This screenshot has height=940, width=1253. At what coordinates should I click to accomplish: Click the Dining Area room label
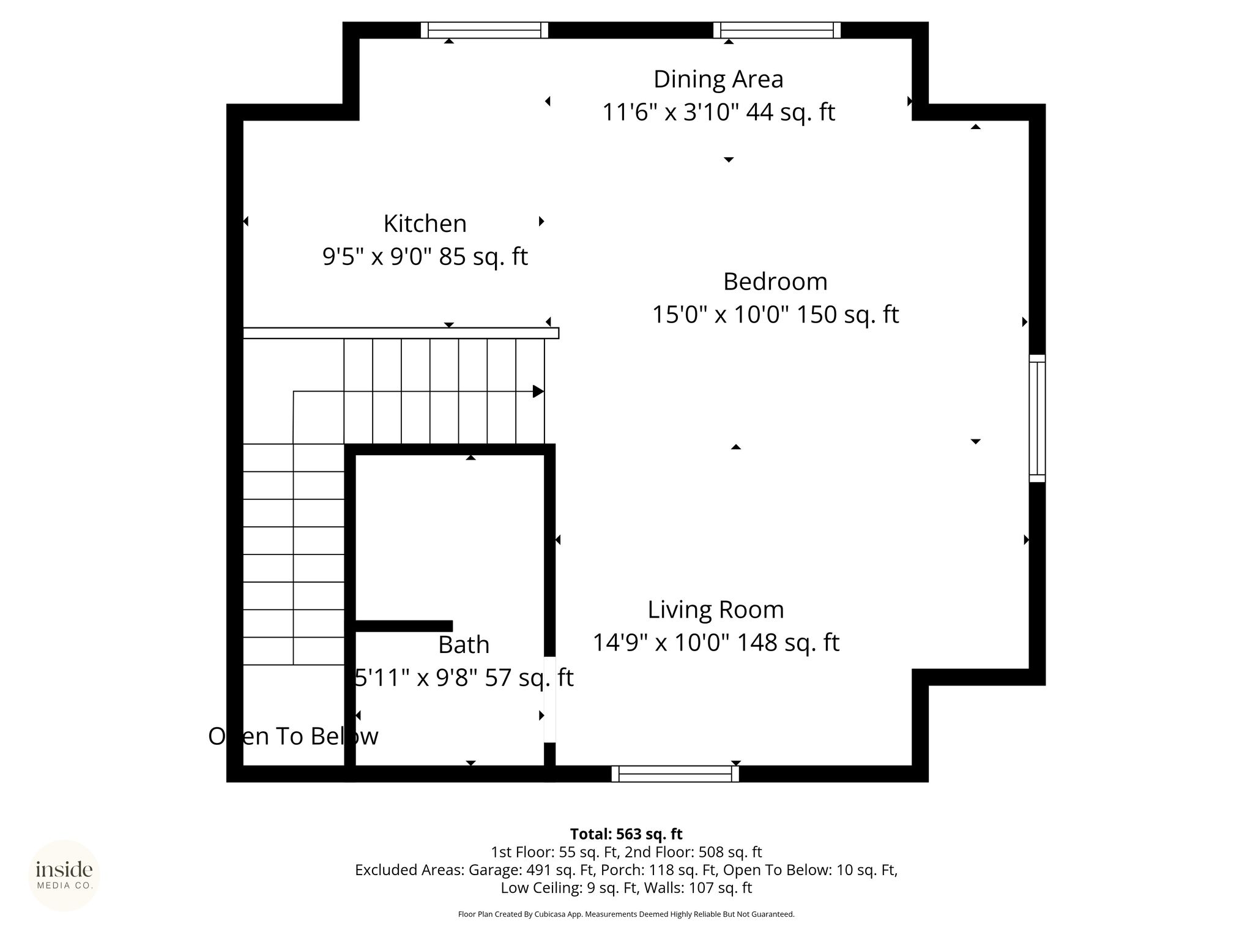718,79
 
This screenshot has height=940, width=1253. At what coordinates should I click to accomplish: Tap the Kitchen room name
425,223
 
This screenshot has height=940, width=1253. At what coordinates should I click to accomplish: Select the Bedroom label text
775,282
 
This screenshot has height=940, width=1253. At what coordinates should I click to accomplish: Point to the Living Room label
716,610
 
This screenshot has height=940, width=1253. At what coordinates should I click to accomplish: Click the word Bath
464,645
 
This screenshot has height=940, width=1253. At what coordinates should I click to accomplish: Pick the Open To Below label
294,736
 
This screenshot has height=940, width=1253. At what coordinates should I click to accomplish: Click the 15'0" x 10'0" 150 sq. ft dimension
775,315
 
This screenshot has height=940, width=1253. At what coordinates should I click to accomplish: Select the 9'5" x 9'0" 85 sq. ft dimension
425,256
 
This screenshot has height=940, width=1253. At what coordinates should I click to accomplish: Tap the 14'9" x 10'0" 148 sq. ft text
716,643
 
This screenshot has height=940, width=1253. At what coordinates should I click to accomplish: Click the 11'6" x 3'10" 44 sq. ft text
718,112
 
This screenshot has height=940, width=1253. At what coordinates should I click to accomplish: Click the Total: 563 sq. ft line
626,834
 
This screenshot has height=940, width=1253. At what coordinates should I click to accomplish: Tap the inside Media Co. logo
64,875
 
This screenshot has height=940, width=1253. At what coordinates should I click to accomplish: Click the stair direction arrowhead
538,391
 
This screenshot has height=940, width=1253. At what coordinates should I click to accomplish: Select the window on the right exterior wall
1037,418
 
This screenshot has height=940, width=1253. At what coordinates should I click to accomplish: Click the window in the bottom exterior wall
675,774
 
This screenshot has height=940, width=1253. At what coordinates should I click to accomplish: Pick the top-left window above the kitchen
484,30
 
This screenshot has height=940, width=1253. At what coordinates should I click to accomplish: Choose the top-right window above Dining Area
777,30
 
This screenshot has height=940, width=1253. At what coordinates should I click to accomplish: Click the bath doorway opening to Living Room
550,699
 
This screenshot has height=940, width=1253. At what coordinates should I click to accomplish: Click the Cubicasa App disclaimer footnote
626,914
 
